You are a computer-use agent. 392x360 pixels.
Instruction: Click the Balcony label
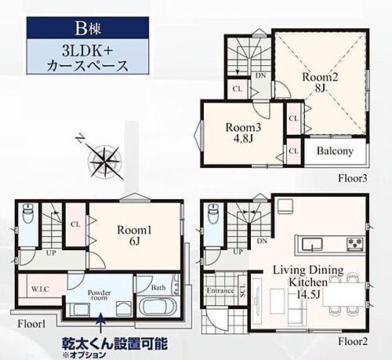335,151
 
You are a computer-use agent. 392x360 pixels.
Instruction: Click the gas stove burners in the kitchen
354,241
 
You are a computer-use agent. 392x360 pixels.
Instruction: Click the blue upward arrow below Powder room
100,319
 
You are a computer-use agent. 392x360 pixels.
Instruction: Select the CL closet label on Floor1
74,223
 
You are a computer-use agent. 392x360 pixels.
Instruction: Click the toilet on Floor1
29,213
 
